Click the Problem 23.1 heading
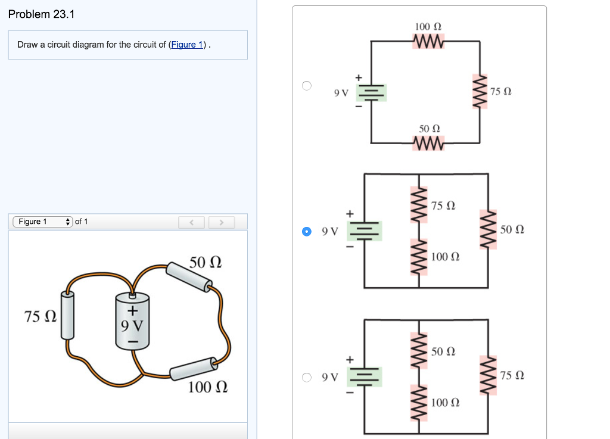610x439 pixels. (x=42, y=14)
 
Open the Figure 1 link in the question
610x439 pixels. (x=188, y=45)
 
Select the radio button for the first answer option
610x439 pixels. (x=306, y=85)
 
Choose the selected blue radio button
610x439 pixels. (x=306, y=231)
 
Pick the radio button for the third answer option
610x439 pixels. (x=306, y=377)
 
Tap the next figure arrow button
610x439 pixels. (x=220, y=222)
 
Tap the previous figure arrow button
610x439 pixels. (x=192, y=222)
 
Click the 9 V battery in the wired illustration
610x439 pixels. (x=132, y=322)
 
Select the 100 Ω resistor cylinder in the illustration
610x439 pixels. (x=192, y=369)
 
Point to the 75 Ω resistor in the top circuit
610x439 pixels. (x=480, y=92)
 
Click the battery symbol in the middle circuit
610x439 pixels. (x=365, y=231)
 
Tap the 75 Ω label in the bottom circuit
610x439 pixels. (x=512, y=375)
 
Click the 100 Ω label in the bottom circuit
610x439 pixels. (x=445, y=403)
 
